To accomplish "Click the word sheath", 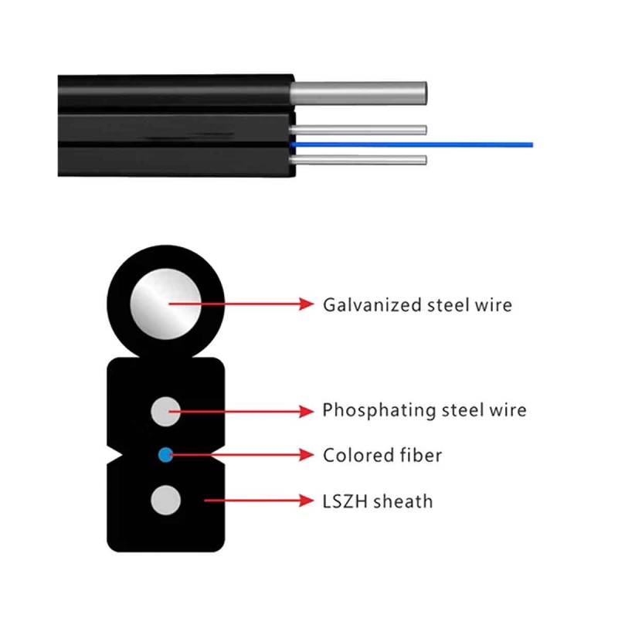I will (x=403, y=501).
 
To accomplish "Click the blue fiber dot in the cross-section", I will (x=165, y=455).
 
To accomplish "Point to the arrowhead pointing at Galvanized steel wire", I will (x=307, y=304).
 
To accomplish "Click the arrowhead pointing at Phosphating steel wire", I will (x=307, y=410).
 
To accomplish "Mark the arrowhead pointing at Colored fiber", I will (x=307, y=455).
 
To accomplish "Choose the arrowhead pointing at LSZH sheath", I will (x=307, y=501).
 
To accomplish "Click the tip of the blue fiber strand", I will (x=531, y=144).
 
